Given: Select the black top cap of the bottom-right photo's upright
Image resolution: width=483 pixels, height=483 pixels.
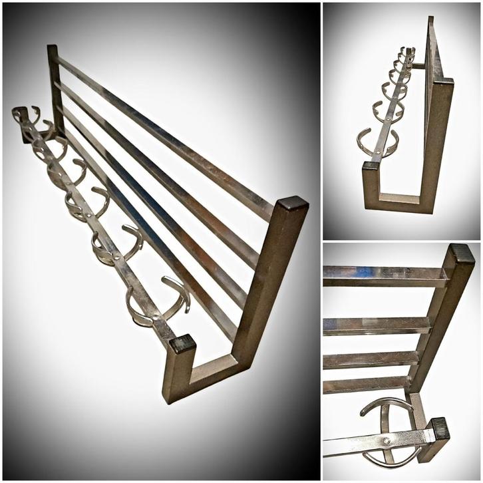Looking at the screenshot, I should click(461, 253).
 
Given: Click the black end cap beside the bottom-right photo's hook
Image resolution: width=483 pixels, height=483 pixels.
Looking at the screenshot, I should click(438, 429).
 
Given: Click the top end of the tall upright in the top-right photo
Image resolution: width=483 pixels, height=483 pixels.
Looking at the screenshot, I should click(430, 21).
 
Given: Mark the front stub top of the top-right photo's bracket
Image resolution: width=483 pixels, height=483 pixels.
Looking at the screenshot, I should click(371, 166).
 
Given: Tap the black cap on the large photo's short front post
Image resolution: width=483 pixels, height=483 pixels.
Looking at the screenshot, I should click(182, 343).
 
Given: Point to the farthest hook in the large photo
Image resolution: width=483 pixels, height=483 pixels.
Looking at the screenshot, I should click(25, 114).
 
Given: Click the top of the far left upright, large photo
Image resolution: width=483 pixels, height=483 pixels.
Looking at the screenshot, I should click(53, 49).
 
